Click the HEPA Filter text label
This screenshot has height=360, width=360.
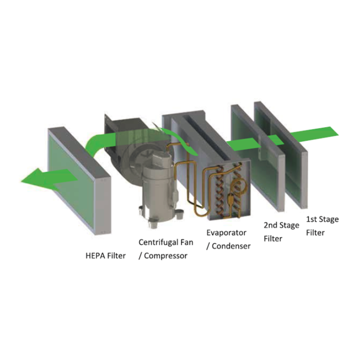(x=105, y=256)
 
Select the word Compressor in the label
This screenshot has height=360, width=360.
(x=166, y=256)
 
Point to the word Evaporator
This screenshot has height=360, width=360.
(x=226, y=233)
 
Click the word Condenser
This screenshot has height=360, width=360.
(x=231, y=246)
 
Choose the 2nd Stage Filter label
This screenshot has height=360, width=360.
(x=281, y=232)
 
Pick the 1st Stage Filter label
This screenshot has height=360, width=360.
(x=322, y=226)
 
